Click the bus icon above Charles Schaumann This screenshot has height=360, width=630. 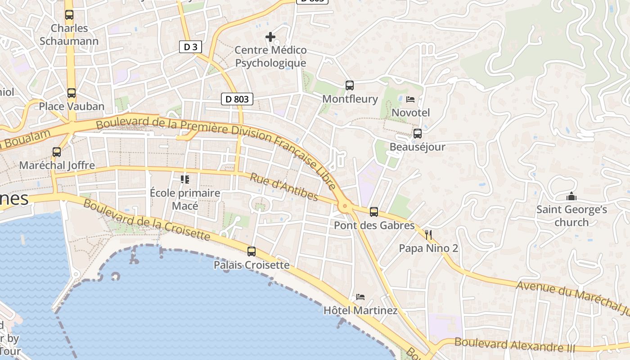[69, 15]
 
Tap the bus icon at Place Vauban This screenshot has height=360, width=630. [72, 93]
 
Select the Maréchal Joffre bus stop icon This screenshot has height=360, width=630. [57, 152]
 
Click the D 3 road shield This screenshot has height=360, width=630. [190, 47]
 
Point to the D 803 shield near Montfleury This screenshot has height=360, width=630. [237, 99]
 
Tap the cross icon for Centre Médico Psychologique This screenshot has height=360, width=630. [270, 37]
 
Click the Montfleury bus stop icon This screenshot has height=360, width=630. [350, 85]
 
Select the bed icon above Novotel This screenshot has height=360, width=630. [410, 99]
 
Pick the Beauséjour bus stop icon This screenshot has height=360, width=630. [418, 134]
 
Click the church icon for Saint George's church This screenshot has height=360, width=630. [571, 197]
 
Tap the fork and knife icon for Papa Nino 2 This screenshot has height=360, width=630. [428, 235]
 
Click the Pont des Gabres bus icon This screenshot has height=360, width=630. [374, 212]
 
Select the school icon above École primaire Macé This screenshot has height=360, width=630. [184, 180]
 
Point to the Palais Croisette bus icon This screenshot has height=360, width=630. [252, 252]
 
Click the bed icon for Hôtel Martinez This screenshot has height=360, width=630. [360, 297]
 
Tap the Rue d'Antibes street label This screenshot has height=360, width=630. [284, 187]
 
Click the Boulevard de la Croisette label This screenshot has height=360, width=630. [147, 220]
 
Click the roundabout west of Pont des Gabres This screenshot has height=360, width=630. [345, 207]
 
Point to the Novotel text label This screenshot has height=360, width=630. [411, 112]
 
